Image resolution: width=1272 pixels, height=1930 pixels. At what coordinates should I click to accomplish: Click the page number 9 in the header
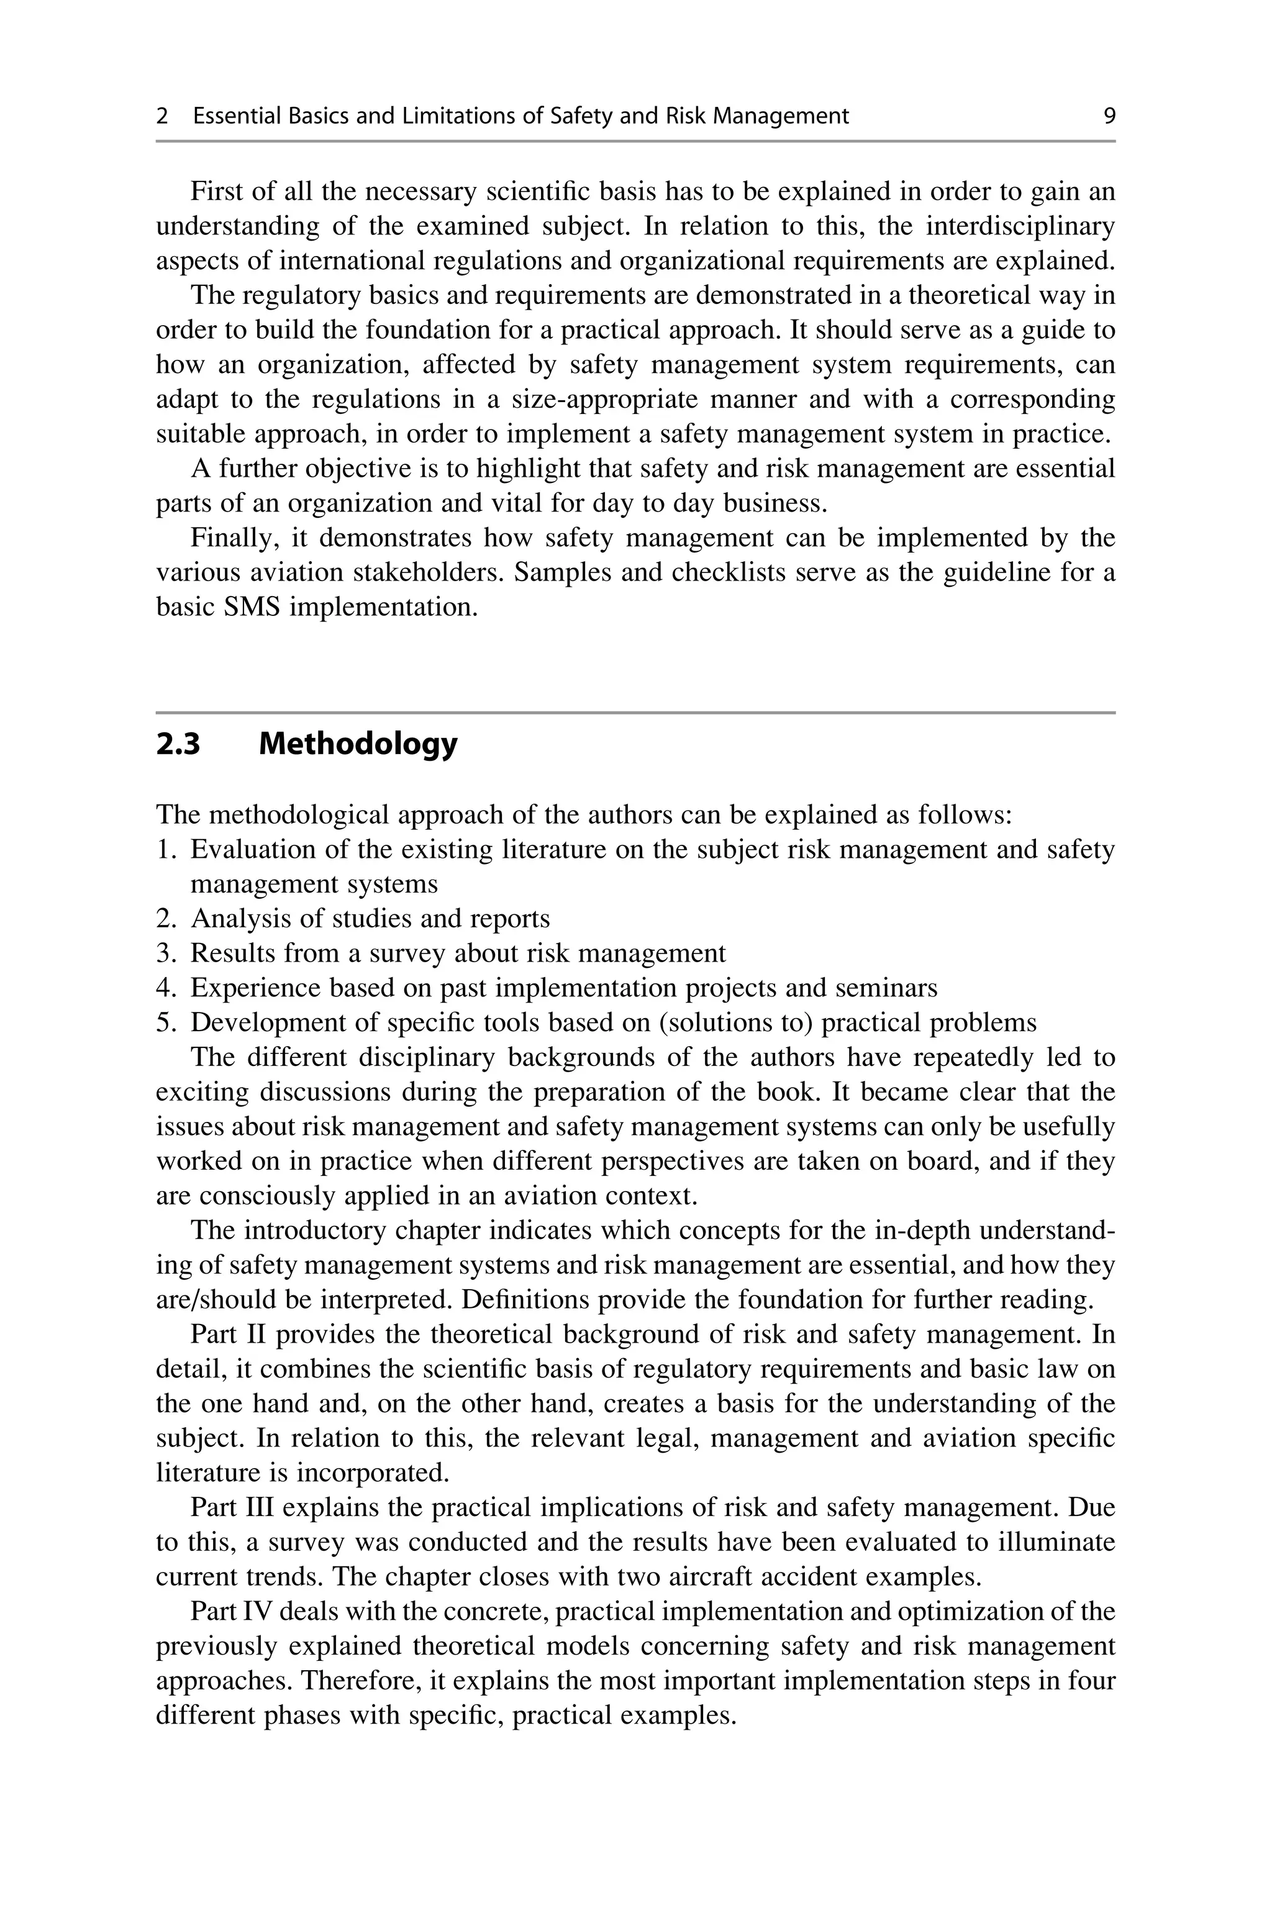coord(1109,116)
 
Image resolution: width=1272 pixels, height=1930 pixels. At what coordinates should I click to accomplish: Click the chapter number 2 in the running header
coord(162,116)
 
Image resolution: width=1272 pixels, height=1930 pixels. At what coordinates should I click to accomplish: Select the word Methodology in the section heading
coord(358,743)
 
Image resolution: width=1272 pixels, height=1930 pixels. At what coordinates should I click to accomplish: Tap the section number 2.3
coord(178,743)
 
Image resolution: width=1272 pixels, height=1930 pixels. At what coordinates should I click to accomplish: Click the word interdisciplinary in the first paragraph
coord(1020,226)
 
